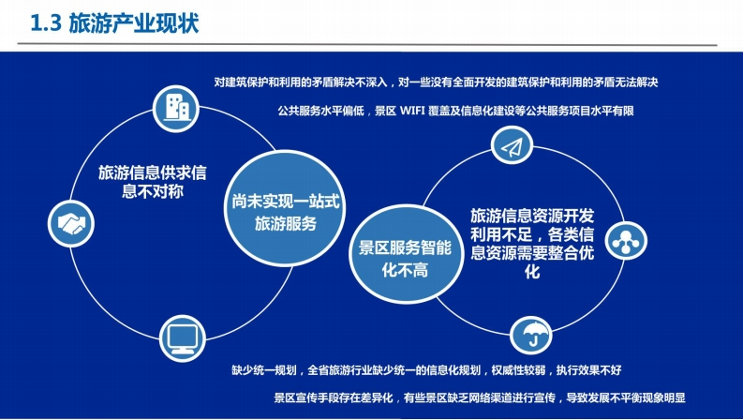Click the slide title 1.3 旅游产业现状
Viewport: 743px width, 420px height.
coord(114,23)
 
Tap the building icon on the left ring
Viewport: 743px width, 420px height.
coord(176,109)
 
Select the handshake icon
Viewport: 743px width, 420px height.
coord(71,223)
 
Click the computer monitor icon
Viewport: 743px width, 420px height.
coord(183,338)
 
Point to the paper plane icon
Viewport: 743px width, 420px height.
coord(512,146)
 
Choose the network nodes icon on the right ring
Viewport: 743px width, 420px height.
coord(626,240)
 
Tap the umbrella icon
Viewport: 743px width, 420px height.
coord(530,335)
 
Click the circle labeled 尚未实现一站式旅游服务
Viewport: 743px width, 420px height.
coord(285,208)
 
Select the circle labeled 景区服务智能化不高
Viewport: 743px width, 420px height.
coord(406,254)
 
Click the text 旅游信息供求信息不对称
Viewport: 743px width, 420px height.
coord(153,182)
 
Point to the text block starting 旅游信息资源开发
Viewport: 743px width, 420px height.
coord(532,244)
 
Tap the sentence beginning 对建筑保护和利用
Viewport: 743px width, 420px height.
coord(436,82)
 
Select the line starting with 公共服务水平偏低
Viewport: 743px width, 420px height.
coord(455,111)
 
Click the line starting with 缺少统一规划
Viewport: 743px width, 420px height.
coord(426,369)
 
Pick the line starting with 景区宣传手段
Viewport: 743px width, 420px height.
coord(480,397)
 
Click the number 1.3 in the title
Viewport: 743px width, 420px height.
coord(46,23)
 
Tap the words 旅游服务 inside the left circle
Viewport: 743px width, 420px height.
coord(285,223)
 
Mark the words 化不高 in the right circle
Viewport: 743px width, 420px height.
coord(405,270)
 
